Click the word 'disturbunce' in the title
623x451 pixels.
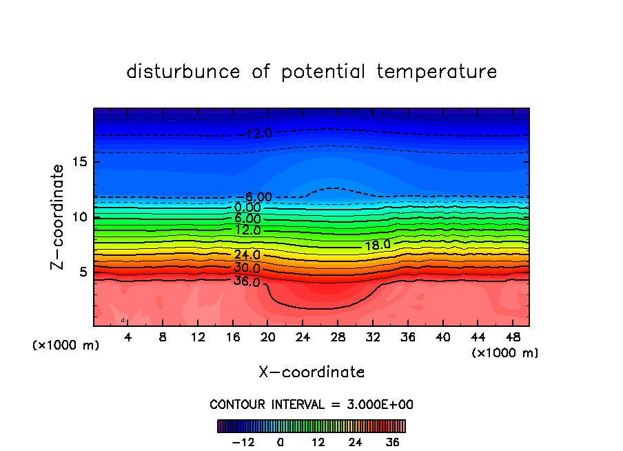pyautogui.click(x=183, y=72)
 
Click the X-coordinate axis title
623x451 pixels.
pyautogui.click(x=311, y=372)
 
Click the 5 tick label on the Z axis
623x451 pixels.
pyautogui.click(x=82, y=272)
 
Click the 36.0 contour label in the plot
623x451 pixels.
pyautogui.click(x=247, y=281)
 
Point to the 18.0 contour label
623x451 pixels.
pyautogui.click(x=377, y=245)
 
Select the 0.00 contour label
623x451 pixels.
pyautogui.click(x=247, y=208)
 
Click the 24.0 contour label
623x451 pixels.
pyautogui.click(x=247, y=255)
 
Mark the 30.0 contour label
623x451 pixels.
pyautogui.click(x=247, y=268)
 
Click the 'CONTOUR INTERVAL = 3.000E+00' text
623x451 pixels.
pyautogui.click(x=311, y=404)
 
